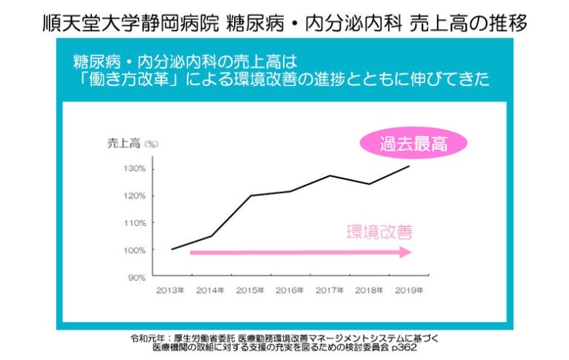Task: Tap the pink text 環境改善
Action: click(x=379, y=232)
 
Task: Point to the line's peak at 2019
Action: click(x=409, y=166)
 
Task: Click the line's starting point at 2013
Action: click(x=171, y=250)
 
